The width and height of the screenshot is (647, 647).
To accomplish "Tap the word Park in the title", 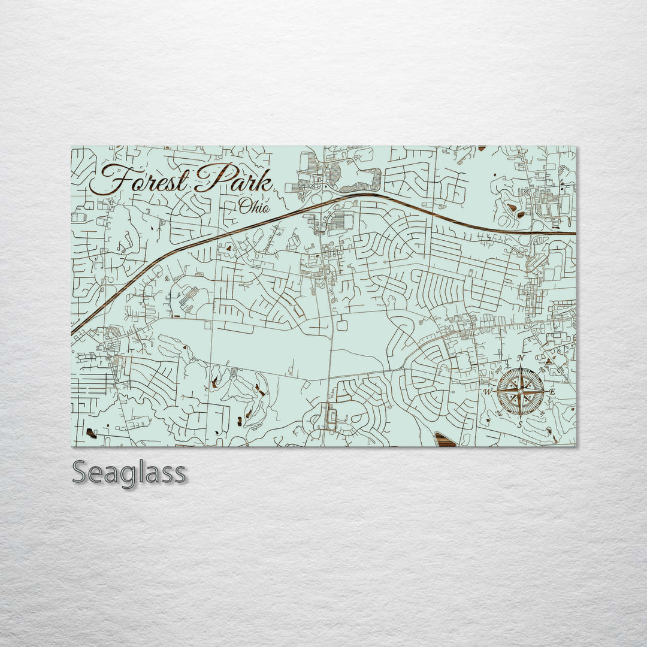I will [234, 179].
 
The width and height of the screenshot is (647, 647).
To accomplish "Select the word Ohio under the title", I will [254, 207].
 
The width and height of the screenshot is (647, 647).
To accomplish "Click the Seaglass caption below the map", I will [129, 473].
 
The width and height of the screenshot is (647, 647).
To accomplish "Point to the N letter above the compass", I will [520, 359].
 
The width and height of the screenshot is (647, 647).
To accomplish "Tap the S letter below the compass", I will [520, 424].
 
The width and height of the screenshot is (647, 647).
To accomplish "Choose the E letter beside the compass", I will [553, 392].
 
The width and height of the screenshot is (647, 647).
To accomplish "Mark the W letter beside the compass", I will [488, 392].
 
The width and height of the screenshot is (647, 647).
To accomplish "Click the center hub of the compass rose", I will [520, 392].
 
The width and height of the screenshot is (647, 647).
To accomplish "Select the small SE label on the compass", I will [542, 413].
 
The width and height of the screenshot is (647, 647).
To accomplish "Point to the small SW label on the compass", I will [499, 413].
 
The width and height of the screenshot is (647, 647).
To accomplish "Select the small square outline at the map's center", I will [343, 325].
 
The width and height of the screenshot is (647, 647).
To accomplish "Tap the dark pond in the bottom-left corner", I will [91, 432].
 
